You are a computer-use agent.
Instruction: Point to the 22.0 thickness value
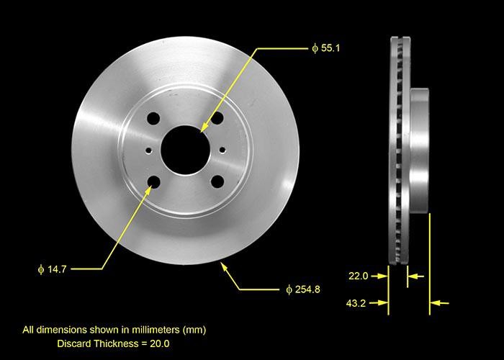click(358, 276)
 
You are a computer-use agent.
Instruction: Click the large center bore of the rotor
click(185, 149)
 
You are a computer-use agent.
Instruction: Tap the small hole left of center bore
click(148, 150)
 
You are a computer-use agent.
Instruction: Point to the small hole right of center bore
click(222, 150)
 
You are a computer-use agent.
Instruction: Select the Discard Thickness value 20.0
click(159, 343)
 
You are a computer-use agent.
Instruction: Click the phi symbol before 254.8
click(288, 289)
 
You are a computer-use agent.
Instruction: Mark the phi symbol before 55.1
click(315, 48)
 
